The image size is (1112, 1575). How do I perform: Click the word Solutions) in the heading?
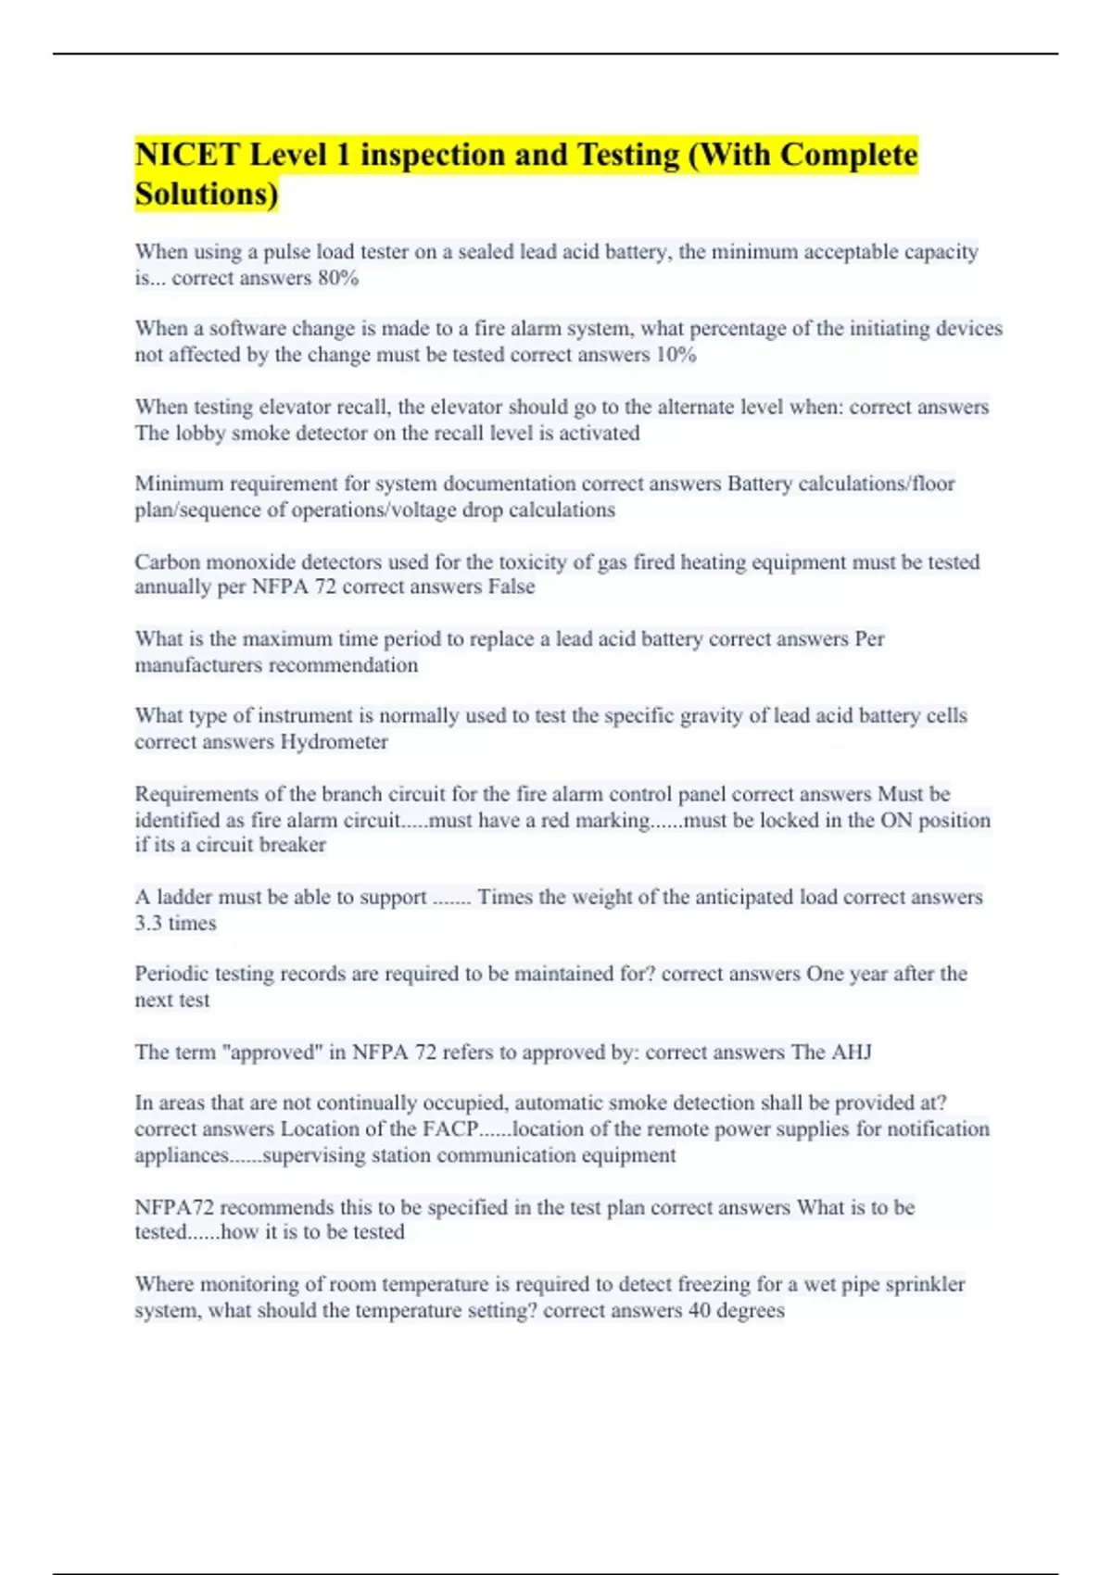click(206, 195)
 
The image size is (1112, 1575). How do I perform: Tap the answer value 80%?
click(337, 278)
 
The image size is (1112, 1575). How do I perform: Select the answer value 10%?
click(676, 355)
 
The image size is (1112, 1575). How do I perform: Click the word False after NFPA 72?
click(512, 587)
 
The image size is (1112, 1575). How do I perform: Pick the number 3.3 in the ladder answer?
click(149, 924)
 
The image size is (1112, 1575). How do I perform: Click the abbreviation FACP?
click(451, 1129)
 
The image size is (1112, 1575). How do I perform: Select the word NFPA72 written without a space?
click(173, 1208)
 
